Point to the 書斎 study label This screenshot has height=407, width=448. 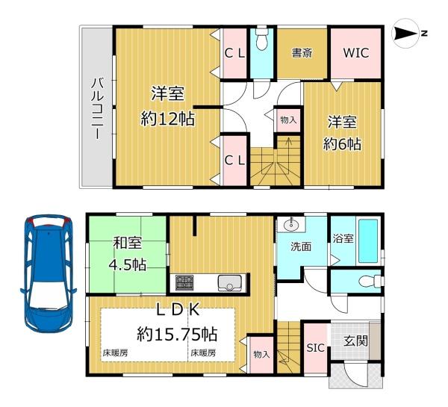click(302, 53)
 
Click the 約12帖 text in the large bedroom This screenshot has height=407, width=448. click(168, 118)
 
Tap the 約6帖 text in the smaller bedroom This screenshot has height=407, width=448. click(343, 143)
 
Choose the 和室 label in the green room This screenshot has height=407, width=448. click(128, 242)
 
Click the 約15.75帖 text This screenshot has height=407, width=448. click(177, 332)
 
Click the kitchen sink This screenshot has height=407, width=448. click(228, 283)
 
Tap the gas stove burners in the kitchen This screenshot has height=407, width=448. click(184, 283)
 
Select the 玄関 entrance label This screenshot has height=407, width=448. click(355, 342)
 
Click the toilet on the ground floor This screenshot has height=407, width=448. click(363, 282)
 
